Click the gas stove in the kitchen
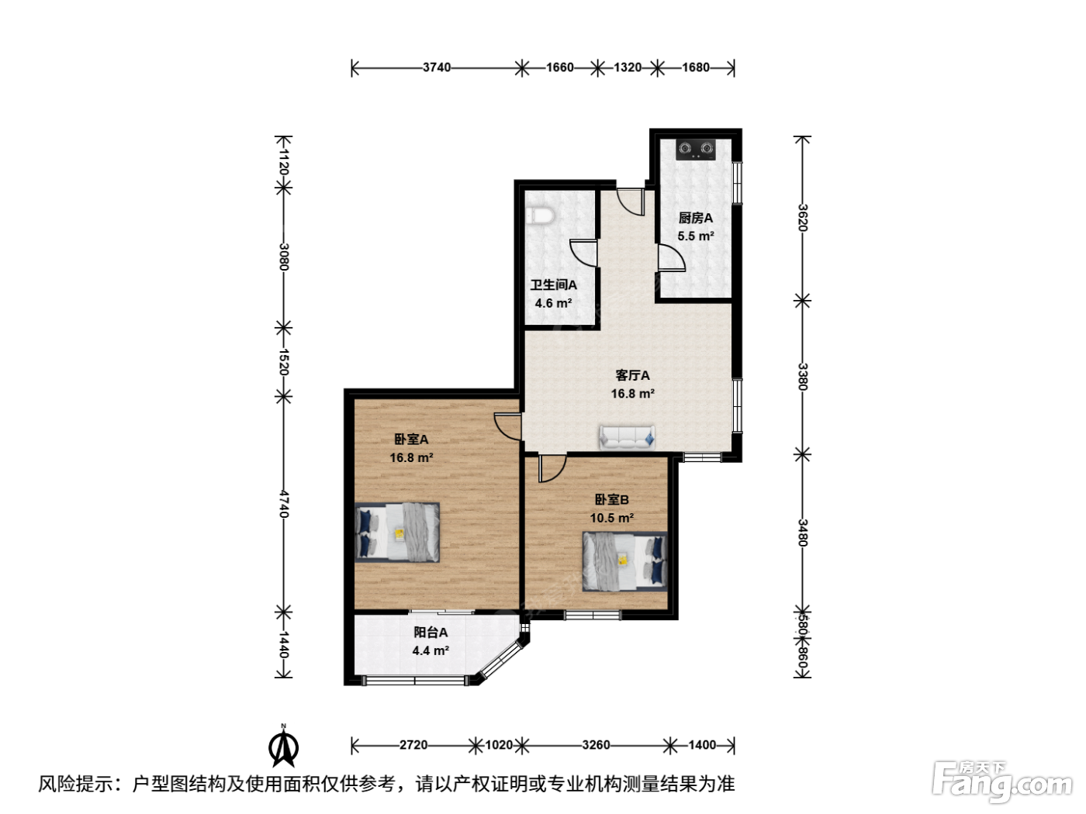(x=696, y=150)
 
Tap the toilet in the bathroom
(x=540, y=216)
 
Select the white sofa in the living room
(x=627, y=437)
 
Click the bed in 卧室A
(x=397, y=532)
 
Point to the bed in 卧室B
(x=625, y=561)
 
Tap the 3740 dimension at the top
(x=437, y=67)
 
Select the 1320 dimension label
(x=628, y=67)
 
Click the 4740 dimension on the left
(x=283, y=504)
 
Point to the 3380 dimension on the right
(x=803, y=377)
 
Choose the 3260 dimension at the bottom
(x=596, y=745)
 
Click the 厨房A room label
(x=695, y=218)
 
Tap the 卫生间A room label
(x=554, y=285)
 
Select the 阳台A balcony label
(x=431, y=632)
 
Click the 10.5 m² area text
(x=612, y=518)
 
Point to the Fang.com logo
(x=1002, y=782)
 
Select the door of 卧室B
(x=552, y=468)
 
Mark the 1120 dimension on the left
(x=283, y=161)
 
